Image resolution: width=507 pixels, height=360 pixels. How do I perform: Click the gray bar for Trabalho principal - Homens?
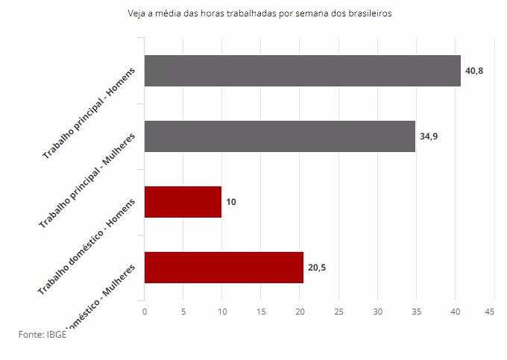click(302, 71)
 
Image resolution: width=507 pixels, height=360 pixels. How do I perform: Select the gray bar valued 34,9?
click(280, 136)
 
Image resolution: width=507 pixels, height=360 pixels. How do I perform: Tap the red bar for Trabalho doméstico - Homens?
click(183, 201)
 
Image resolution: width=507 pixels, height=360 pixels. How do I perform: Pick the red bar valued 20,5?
click(224, 267)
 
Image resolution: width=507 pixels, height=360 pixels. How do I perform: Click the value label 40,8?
click(475, 71)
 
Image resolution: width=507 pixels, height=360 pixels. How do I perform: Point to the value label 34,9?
click(429, 136)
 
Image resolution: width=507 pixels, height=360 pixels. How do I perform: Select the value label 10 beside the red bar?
click(231, 202)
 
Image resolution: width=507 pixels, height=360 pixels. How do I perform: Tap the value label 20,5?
click(317, 268)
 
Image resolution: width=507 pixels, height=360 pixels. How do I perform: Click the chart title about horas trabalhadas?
click(259, 13)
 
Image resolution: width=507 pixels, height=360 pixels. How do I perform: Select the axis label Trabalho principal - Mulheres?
click(89, 183)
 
